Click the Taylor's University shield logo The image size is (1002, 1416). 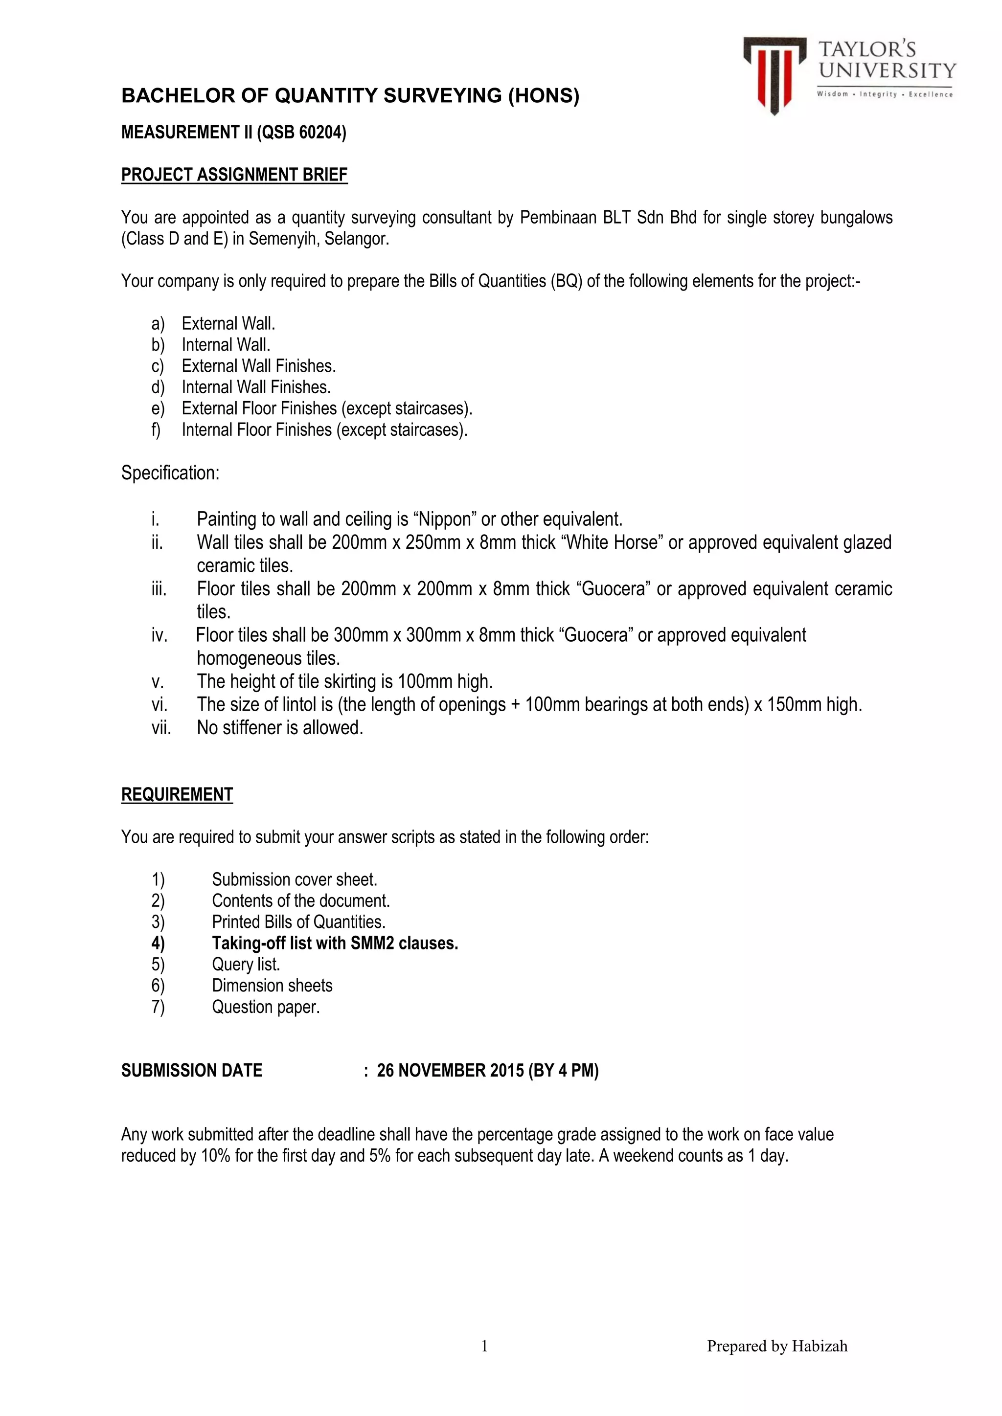pyautogui.click(x=774, y=74)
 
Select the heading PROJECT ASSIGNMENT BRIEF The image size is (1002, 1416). pyautogui.click(x=234, y=175)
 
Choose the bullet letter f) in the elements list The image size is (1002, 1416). pyautogui.click(x=157, y=430)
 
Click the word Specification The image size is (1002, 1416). pyautogui.click(x=170, y=473)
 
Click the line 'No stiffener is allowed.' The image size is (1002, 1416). pyautogui.click(x=280, y=728)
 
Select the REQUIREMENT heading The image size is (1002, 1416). pyautogui.click(x=177, y=794)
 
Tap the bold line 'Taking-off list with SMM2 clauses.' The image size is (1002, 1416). pyautogui.click(x=335, y=944)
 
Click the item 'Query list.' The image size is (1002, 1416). pyautogui.click(x=246, y=965)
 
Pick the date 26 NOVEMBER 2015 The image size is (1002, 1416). pyautogui.click(x=451, y=1071)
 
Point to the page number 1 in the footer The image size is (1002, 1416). pyautogui.click(x=484, y=1347)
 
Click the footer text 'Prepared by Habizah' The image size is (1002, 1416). pyautogui.click(x=777, y=1347)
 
